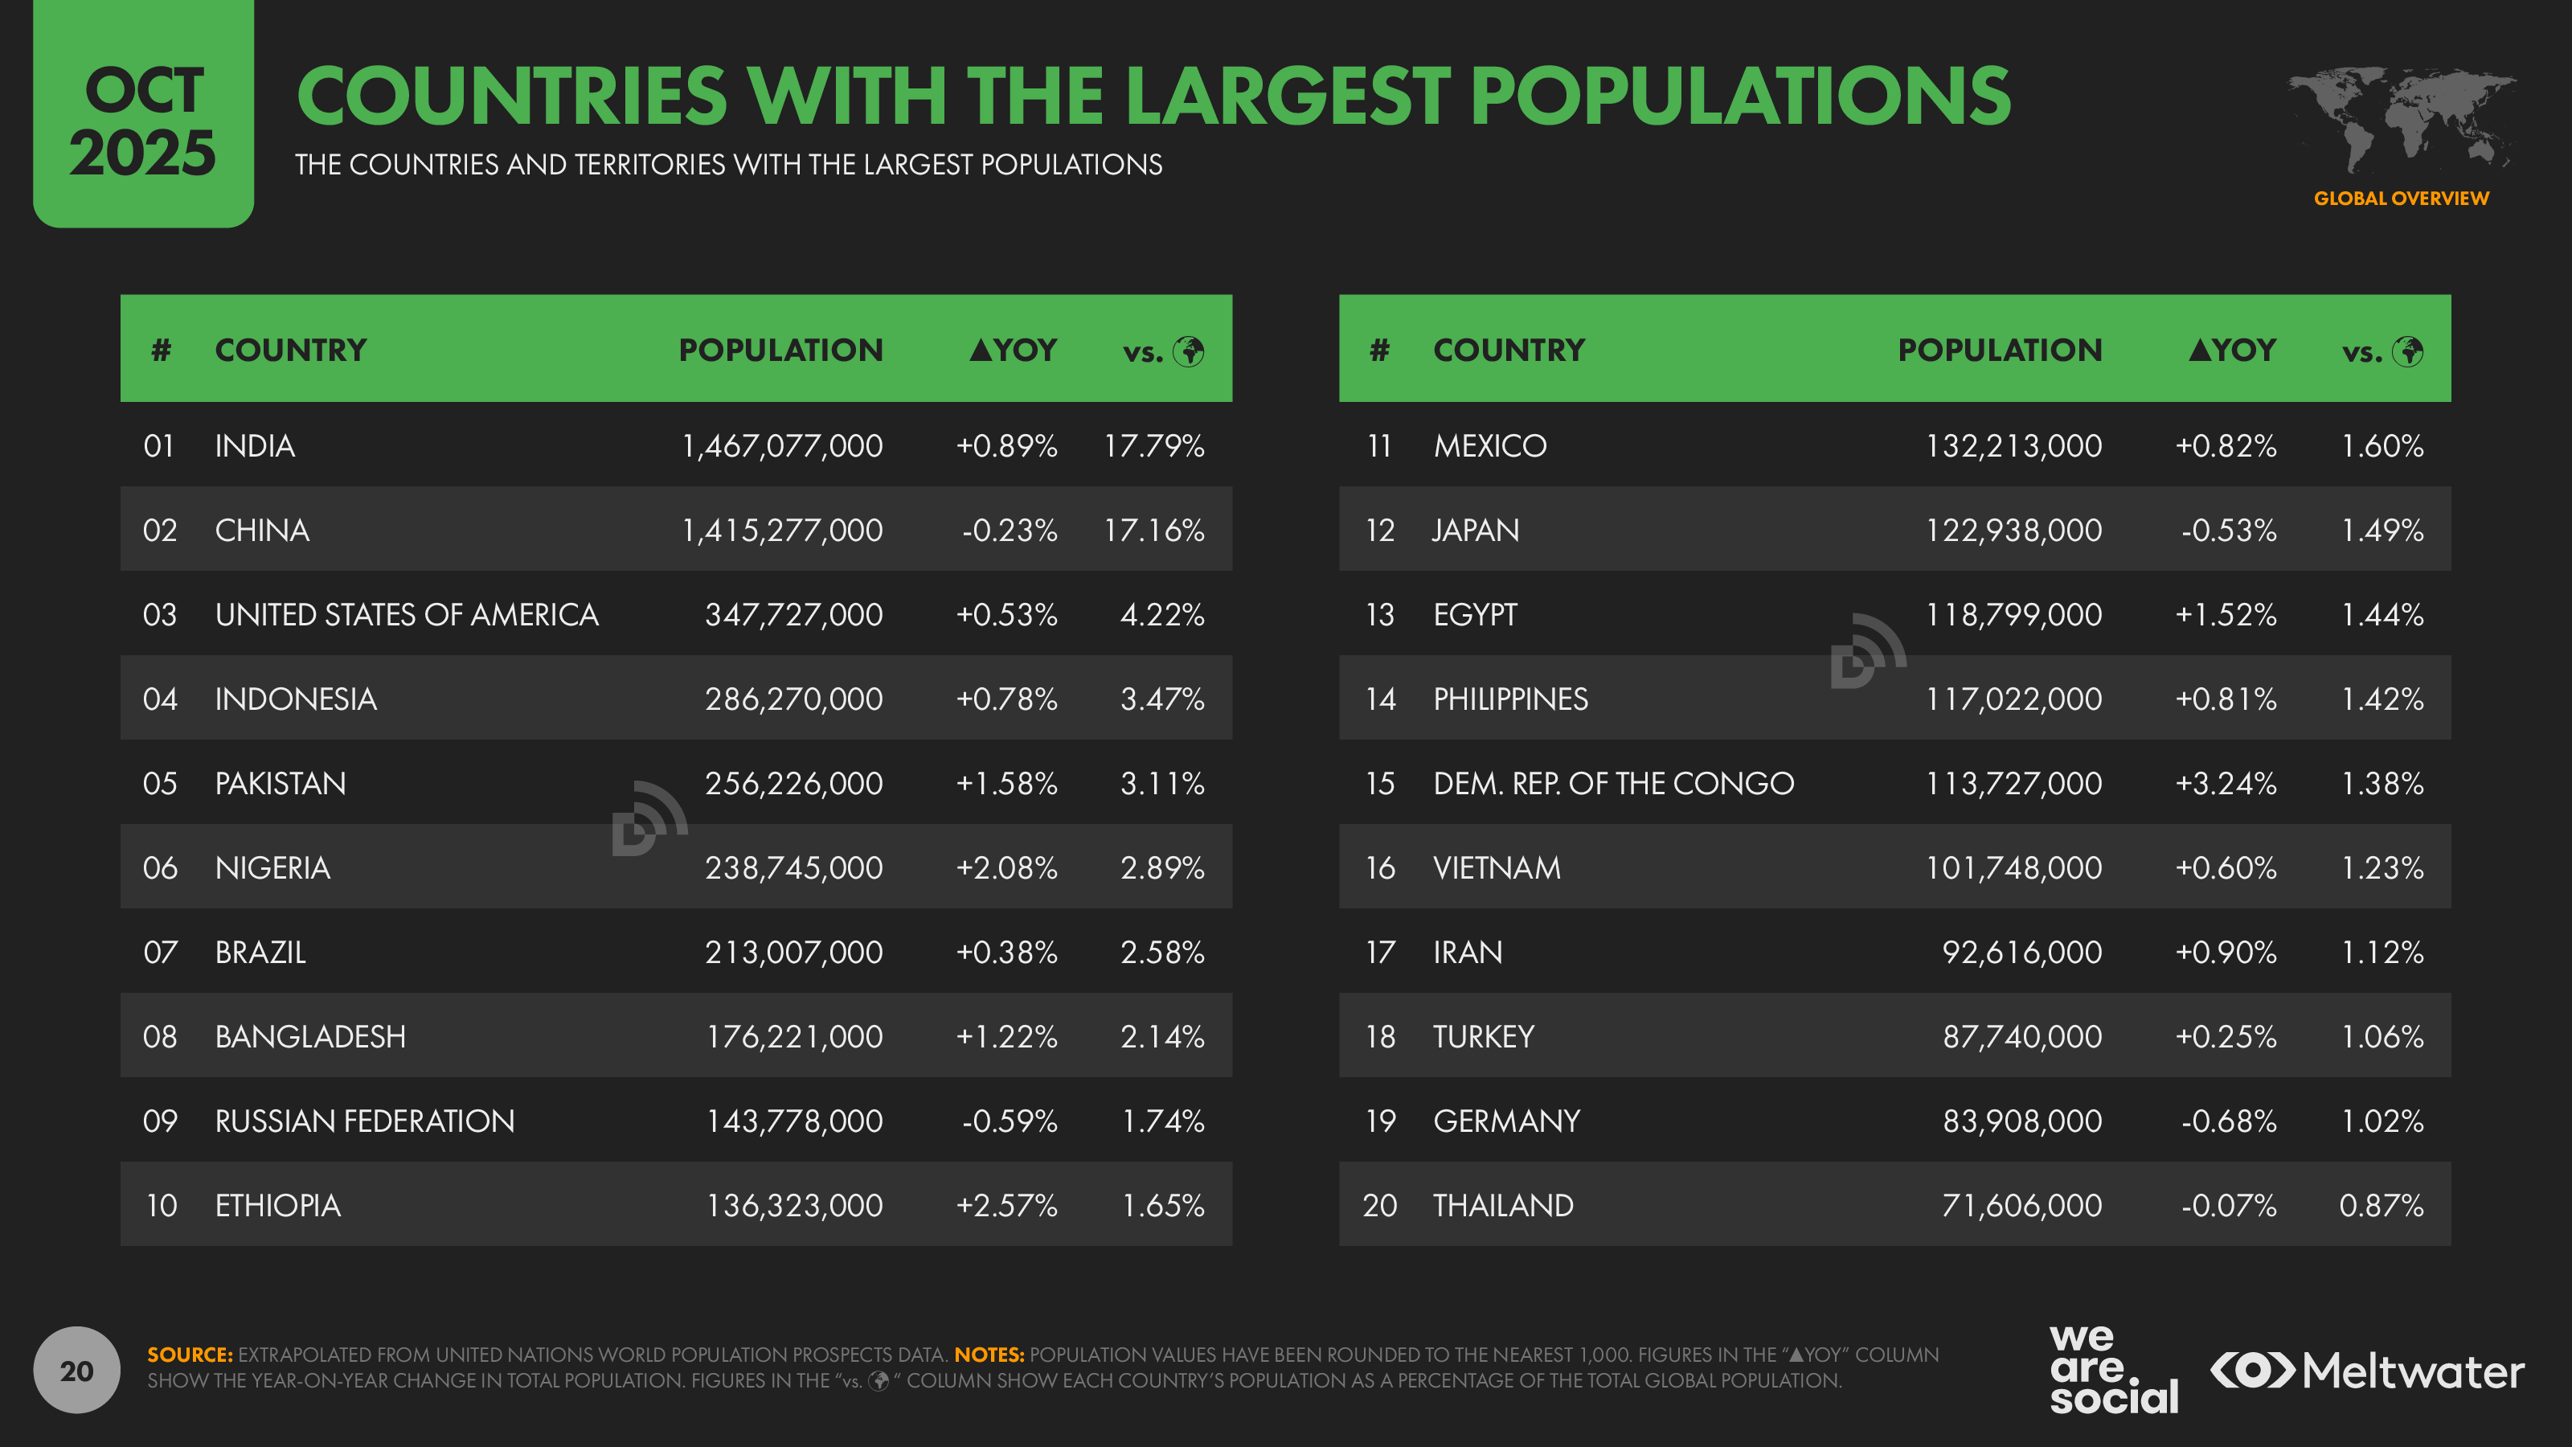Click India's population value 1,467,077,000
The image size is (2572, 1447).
point(782,445)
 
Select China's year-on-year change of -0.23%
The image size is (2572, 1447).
point(1009,531)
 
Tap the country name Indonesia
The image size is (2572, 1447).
point(296,699)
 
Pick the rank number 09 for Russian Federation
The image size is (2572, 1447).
point(160,1121)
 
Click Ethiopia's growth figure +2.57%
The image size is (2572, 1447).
point(1006,1207)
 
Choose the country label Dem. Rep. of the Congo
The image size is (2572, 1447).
point(1612,784)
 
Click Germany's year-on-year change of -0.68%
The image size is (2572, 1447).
point(2229,1121)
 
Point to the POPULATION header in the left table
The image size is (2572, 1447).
point(780,350)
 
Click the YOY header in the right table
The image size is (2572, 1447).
point(2233,350)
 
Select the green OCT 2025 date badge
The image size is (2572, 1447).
point(143,115)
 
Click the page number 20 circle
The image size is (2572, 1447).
point(77,1370)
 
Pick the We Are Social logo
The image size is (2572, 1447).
point(2113,1369)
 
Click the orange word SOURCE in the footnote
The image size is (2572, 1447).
point(190,1355)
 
